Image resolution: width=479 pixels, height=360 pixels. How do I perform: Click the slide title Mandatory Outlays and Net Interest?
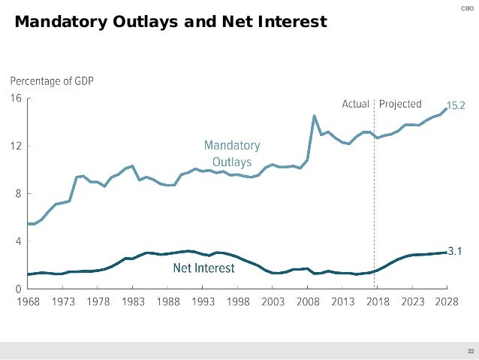tap(170, 22)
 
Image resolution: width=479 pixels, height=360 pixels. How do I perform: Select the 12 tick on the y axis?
tap(15, 146)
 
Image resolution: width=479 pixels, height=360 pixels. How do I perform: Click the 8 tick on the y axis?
tap(17, 193)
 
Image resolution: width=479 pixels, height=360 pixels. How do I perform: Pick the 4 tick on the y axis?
tap(17, 241)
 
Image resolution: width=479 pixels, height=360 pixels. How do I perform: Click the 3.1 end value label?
tap(455, 253)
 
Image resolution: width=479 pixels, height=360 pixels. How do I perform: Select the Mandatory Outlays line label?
tap(232, 153)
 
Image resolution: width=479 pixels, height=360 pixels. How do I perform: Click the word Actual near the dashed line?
tap(355, 104)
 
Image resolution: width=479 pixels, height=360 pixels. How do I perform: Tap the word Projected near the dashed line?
tap(401, 104)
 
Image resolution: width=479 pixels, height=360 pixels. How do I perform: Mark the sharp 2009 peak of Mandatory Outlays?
tap(314, 116)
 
